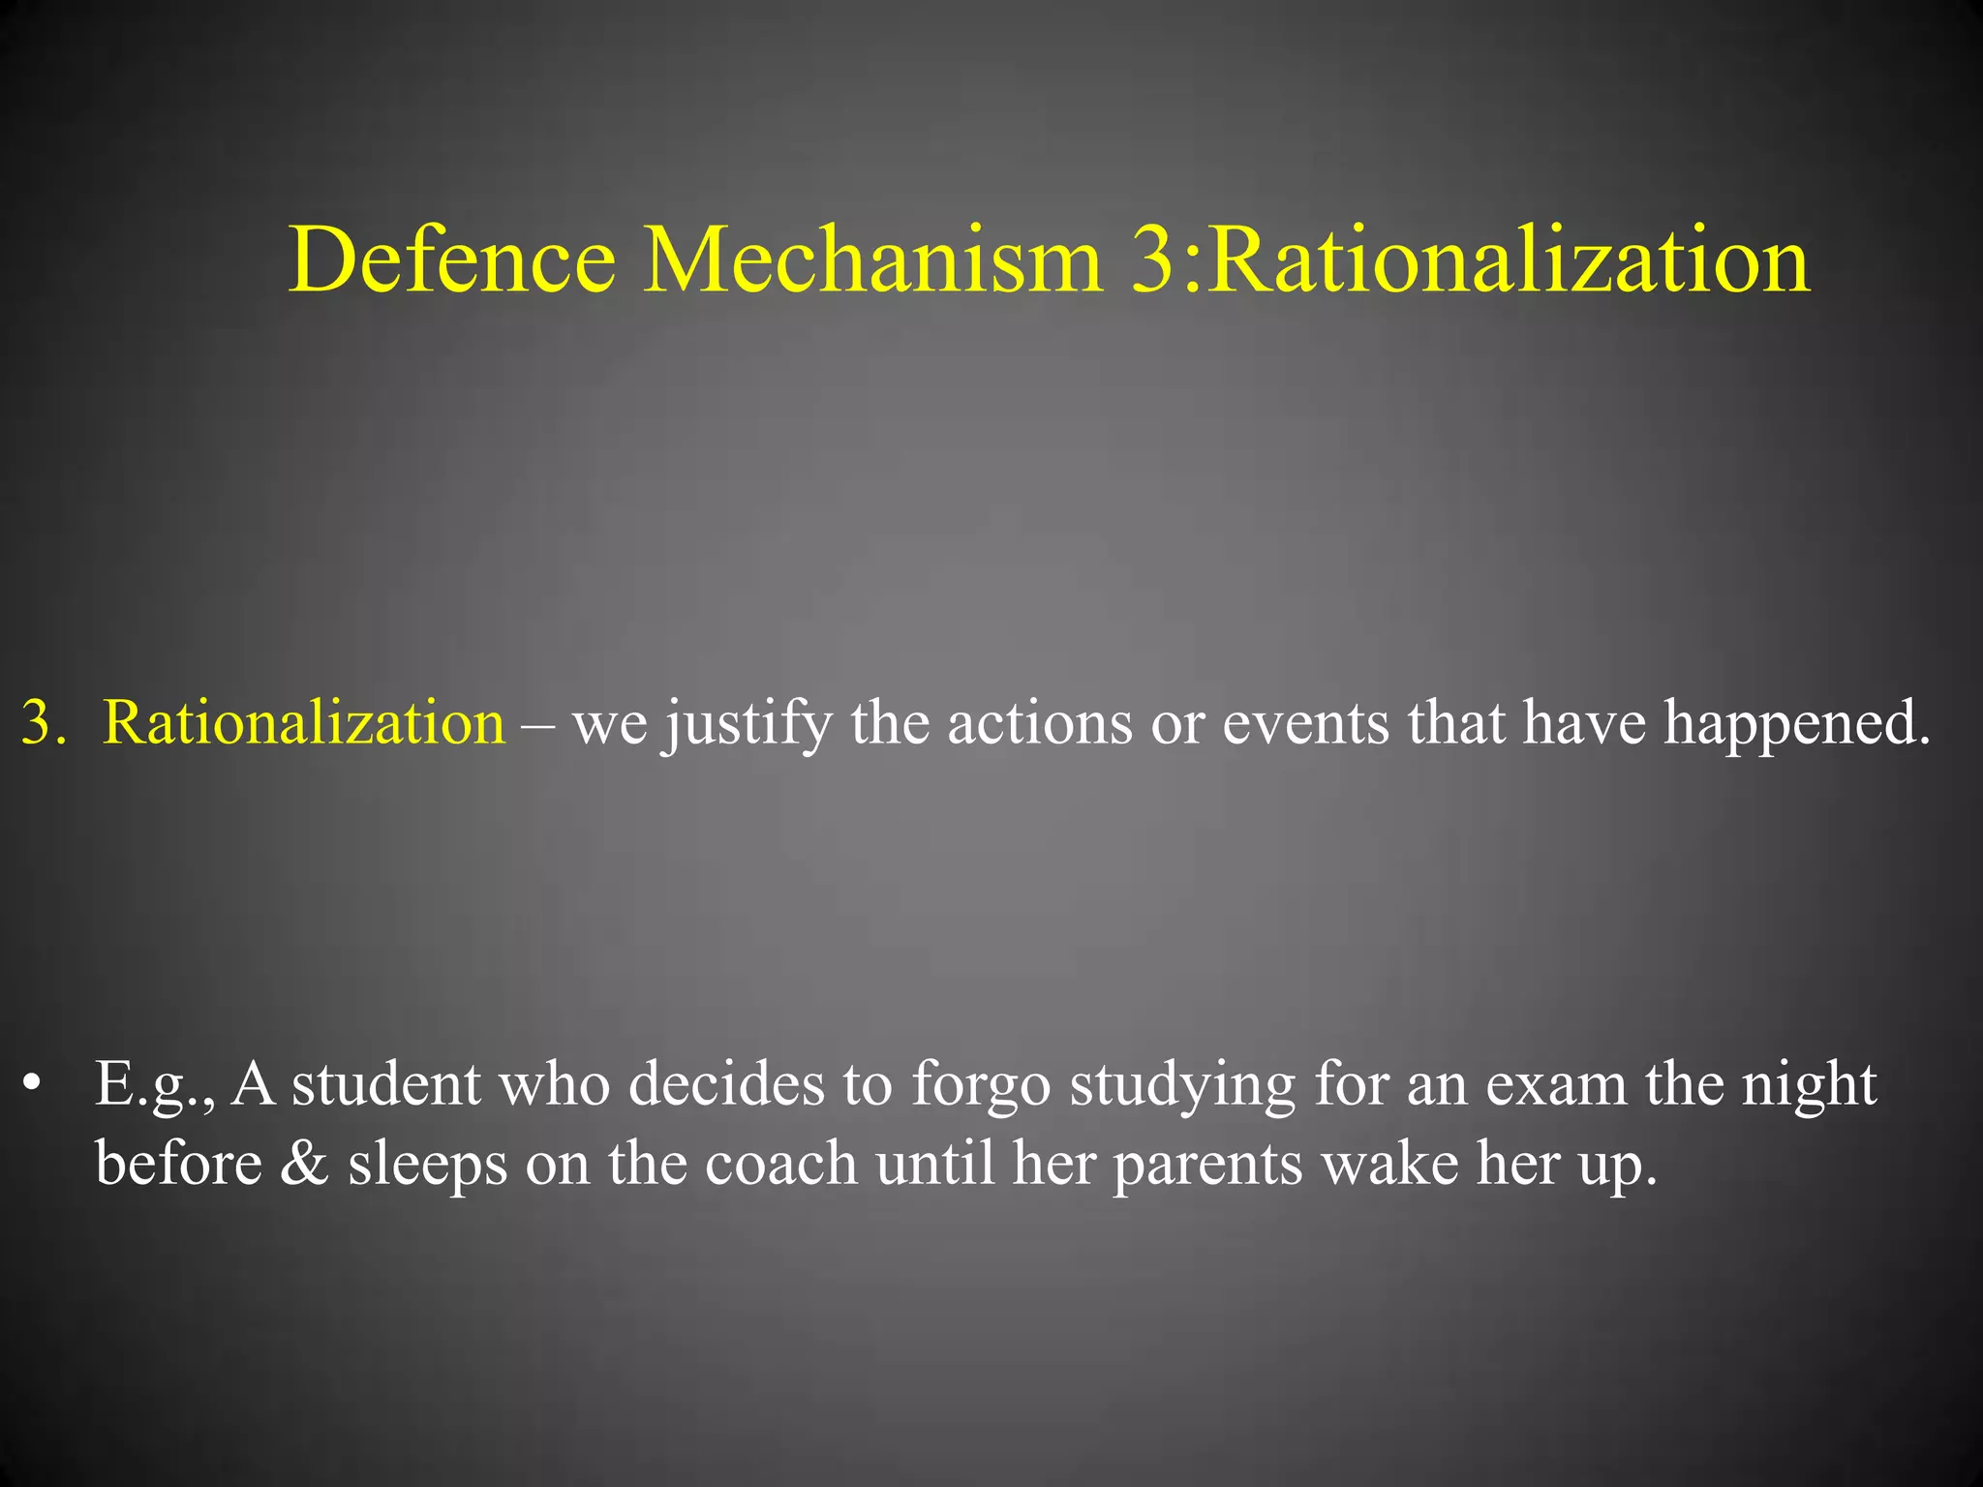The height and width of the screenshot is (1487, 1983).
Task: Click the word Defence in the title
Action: point(451,259)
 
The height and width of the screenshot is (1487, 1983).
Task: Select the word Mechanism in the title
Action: point(872,259)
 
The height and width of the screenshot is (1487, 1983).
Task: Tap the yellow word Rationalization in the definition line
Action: point(304,722)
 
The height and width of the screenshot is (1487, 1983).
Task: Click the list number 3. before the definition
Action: point(44,722)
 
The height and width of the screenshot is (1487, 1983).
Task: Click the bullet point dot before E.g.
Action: point(33,1084)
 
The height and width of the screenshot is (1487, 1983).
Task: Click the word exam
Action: point(1556,1084)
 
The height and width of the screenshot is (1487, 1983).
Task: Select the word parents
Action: point(1206,1165)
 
